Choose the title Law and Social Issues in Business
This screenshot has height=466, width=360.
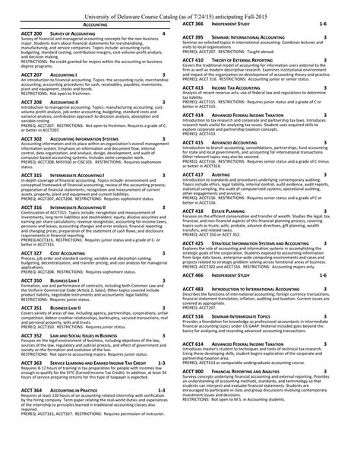tap(90, 333)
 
